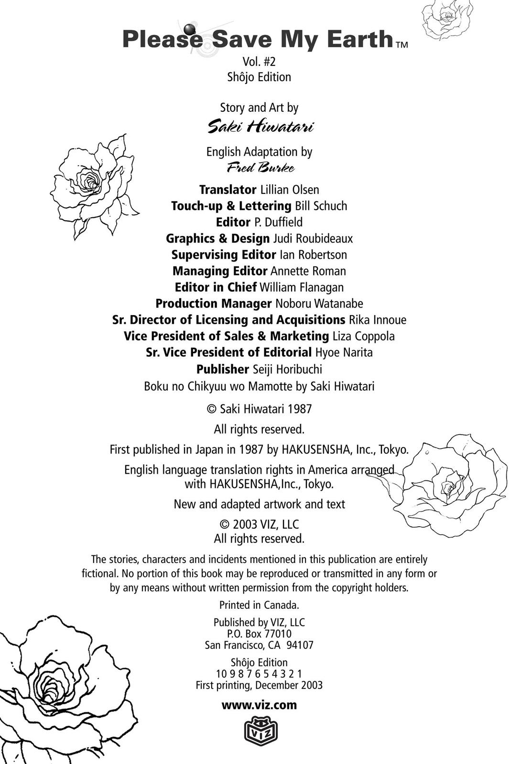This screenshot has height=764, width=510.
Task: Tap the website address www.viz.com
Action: click(259, 705)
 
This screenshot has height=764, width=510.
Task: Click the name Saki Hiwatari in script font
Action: click(260, 127)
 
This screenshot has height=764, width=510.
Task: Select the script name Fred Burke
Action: click(260, 168)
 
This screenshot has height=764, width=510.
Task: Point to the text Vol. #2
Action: click(259, 62)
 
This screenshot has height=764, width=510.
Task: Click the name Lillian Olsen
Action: click(289, 190)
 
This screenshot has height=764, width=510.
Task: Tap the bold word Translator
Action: click(228, 190)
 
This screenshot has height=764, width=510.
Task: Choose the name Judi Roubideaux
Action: click(313, 238)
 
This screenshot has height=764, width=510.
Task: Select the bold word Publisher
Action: click(222, 369)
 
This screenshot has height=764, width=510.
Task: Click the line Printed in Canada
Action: click(259, 605)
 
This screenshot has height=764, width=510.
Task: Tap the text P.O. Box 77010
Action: click(259, 634)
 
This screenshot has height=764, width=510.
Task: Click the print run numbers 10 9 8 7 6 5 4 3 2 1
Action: click(259, 674)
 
